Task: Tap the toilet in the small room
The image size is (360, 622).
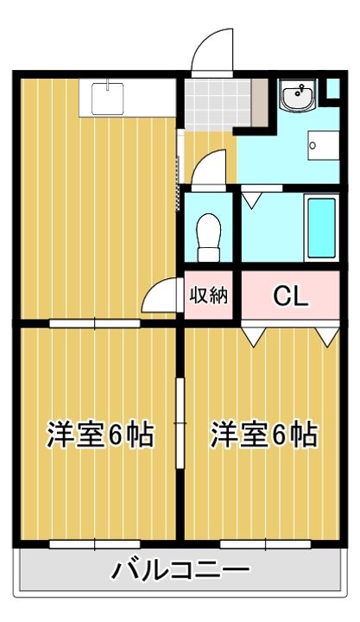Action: (209, 238)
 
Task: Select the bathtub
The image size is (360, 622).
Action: (321, 227)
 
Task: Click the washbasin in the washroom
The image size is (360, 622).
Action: (298, 96)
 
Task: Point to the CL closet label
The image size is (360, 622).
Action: (291, 296)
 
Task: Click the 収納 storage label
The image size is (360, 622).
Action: (209, 295)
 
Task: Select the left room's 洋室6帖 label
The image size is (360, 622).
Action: (100, 435)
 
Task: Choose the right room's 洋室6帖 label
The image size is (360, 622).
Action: (263, 435)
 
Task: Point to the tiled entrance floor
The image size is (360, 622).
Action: (218, 105)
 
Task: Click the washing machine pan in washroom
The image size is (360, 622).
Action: (324, 146)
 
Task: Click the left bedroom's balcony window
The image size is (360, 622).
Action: (95, 544)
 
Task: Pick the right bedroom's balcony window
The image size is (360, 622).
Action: (265, 544)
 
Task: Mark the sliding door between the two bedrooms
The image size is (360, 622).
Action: (180, 423)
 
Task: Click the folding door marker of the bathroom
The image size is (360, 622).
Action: (252, 200)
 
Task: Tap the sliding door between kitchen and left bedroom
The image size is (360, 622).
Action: (95, 323)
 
